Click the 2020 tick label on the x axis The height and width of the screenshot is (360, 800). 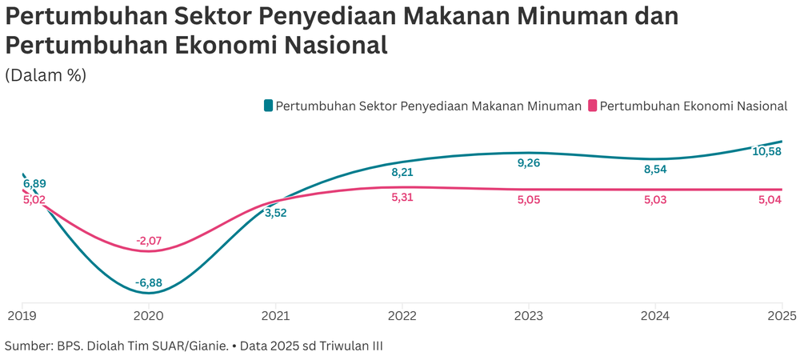coord(149,316)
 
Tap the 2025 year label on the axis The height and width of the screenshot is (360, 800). coord(781,316)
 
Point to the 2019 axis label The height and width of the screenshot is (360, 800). coord(22,316)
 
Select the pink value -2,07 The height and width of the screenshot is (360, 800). coord(150,240)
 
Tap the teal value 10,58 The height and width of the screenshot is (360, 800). coord(769,151)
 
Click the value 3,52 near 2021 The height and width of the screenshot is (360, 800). coord(275,213)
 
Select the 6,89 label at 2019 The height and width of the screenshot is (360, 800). coord(34,183)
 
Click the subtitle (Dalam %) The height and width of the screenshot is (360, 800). coord(46,75)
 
